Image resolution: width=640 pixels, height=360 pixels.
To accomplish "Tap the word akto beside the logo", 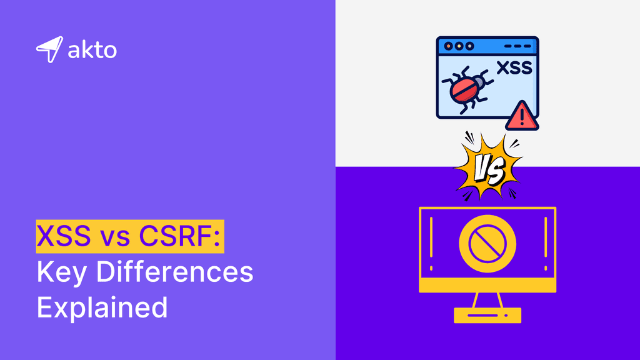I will coord(92,50).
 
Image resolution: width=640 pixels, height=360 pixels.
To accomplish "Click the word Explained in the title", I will coord(102,307).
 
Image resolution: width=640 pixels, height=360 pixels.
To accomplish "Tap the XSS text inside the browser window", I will coord(514,68).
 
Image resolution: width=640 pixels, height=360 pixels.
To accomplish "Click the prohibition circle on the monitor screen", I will coord(487,241).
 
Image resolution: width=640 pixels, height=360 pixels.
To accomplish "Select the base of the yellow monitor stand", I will coord(487,315).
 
